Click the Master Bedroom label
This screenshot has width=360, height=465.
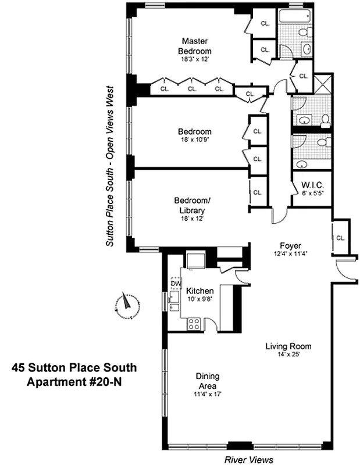[x=195, y=46]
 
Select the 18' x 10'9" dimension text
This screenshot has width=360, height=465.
[x=195, y=141]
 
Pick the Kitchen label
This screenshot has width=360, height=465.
[x=199, y=291]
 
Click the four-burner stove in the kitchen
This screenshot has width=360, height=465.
[x=194, y=324]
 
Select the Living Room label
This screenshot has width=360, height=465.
[x=288, y=346]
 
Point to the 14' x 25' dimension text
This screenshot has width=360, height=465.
[x=288, y=355]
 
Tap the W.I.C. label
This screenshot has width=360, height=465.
[x=311, y=186]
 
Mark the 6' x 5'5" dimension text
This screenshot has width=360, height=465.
[x=311, y=194]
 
